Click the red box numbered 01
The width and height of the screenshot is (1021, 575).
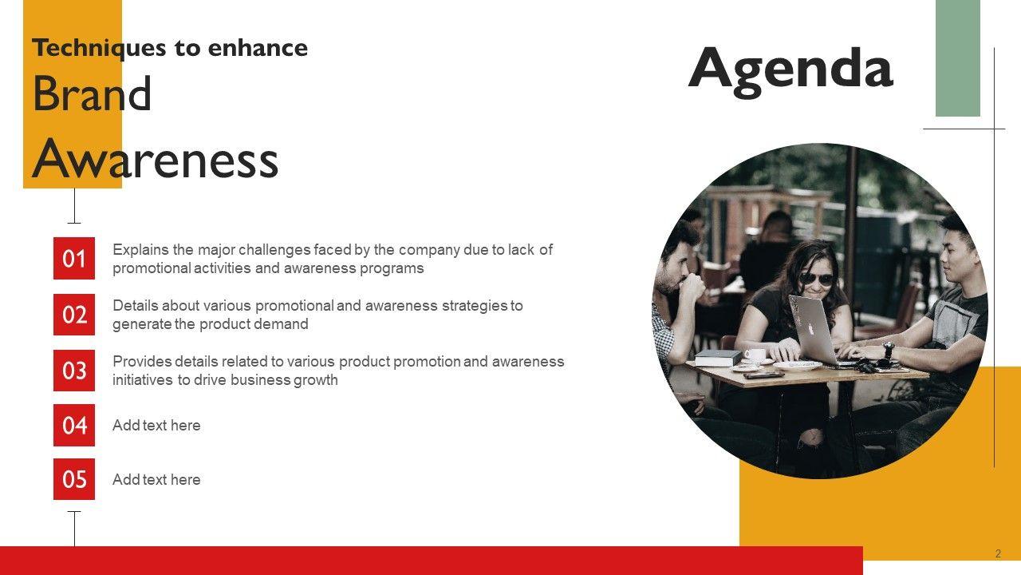[74, 258]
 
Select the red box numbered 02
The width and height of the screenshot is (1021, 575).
[74, 315]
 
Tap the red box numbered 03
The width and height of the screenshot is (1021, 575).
[74, 370]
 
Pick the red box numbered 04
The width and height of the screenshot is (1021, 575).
[74, 425]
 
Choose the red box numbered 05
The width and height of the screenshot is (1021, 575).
[74, 479]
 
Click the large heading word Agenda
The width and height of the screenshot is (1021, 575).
[790, 71]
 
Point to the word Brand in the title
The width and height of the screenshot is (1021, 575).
[92, 93]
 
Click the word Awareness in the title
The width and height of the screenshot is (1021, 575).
[155, 158]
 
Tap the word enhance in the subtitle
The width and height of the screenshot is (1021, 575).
[258, 48]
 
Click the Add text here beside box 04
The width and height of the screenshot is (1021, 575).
[156, 426]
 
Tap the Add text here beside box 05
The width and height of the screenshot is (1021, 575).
[156, 480]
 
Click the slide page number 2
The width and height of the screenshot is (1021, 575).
[998, 553]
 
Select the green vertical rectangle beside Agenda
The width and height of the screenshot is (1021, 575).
[958, 58]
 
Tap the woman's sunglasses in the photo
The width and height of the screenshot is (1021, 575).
[818, 279]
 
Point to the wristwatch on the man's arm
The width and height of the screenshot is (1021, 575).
[888, 351]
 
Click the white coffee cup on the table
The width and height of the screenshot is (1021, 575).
[755, 354]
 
